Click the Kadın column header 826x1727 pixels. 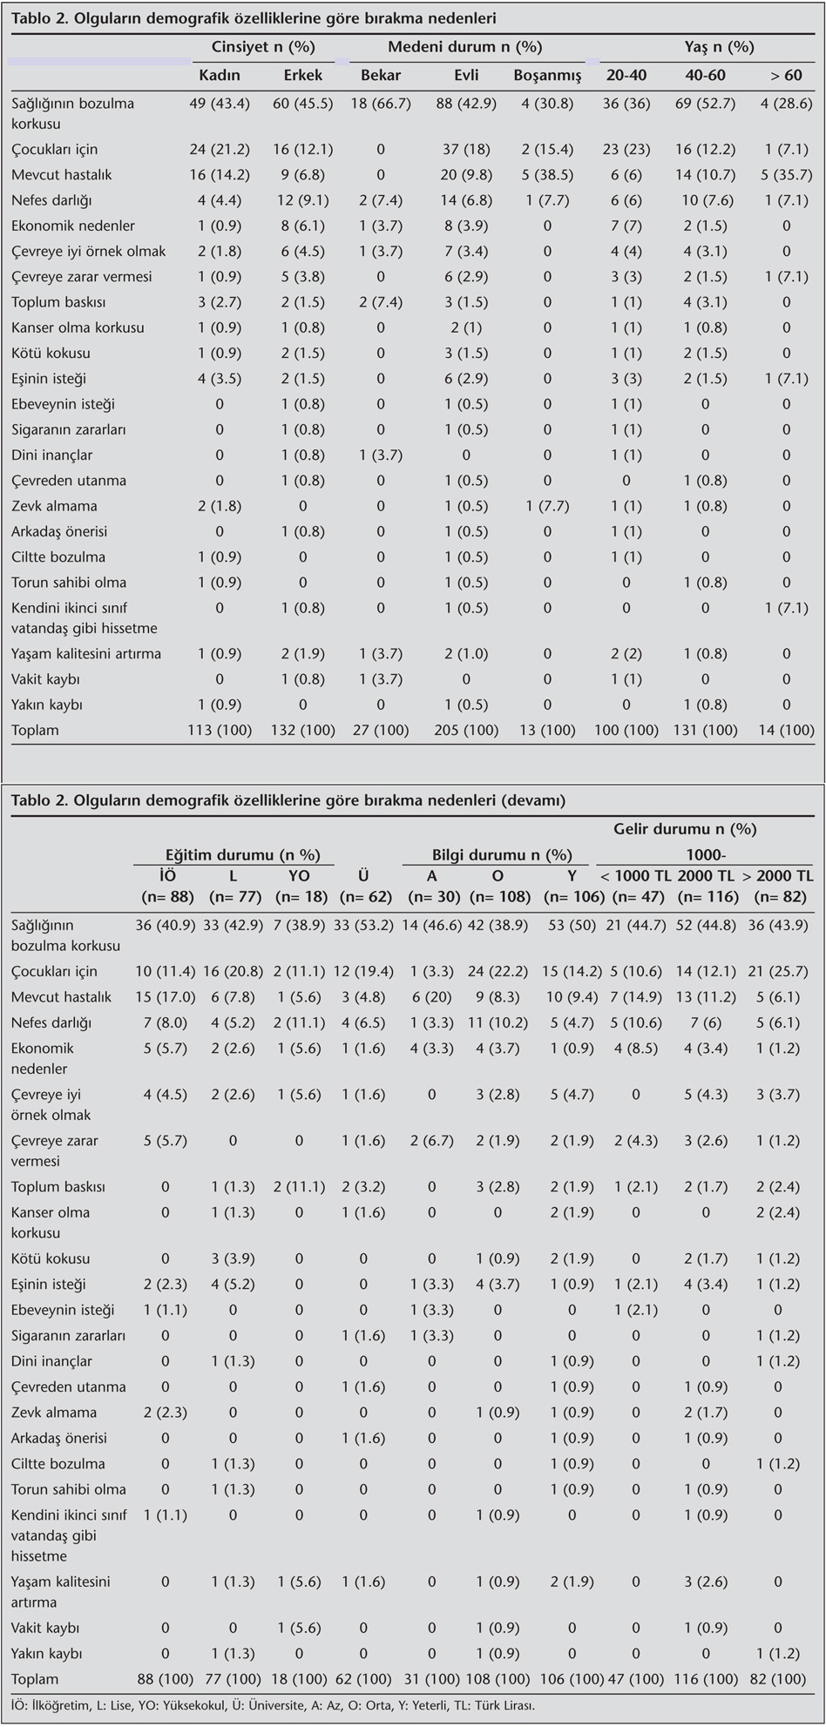[220, 75]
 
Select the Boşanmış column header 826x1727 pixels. [547, 75]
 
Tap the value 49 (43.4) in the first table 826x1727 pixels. [220, 104]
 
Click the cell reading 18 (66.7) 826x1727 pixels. [381, 104]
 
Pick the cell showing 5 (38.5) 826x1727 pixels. [547, 175]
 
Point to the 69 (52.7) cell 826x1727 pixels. [705, 104]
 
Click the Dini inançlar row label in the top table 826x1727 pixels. [52, 455]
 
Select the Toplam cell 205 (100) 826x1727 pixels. [466, 731]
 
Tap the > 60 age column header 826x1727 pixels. [786, 75]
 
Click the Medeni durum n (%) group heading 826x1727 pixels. [464, 47]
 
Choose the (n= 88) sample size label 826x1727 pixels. [166, 897]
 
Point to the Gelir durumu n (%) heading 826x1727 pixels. [685, 830]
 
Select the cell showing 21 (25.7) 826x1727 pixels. [778, 972]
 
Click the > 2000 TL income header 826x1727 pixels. [778, 876]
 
